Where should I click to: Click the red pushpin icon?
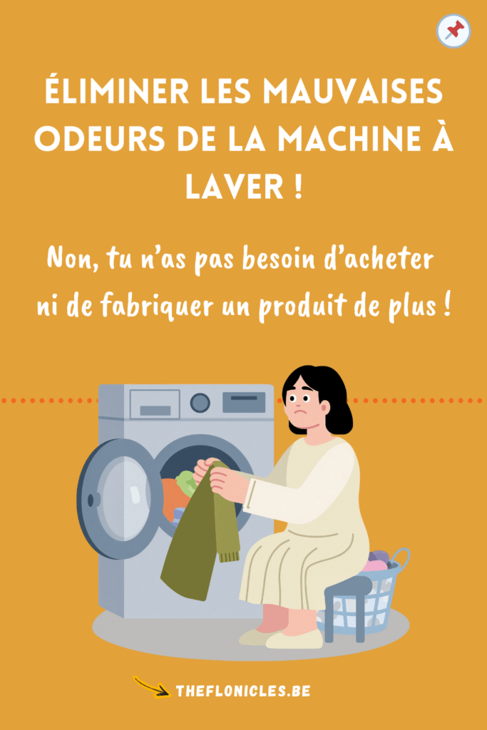tap(454, 30)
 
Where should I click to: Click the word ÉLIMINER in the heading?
tap(117, 91)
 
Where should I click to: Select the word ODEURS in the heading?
tap(100, 139)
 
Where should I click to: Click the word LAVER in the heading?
tap(234, 187)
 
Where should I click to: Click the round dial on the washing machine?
tap(200, 403)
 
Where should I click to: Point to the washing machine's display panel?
tap(244, 402)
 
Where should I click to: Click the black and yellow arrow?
tap(152, 687)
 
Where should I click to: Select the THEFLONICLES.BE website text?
tap(243, 691)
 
